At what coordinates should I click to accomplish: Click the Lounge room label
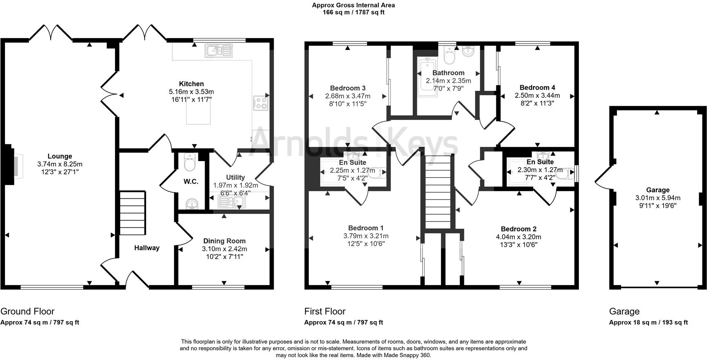(x=60, y=156)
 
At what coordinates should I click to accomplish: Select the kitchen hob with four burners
(x=261, y=103)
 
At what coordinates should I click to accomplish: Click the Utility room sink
(x=231, y=201)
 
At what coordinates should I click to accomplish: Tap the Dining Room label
(x=224, y=241)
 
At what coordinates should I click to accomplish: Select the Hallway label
(x=147, y=248)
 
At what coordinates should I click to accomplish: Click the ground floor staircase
(x=132, y=213)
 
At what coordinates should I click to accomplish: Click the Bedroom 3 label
(x=348, y=88)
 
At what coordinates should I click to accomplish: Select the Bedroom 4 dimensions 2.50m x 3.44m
(x=537, y=95)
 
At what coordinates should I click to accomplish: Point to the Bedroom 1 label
(x=366, y=228)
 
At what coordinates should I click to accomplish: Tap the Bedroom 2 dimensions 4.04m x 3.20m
(x=518, y=237)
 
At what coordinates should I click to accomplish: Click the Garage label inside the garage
(x=657, y=190)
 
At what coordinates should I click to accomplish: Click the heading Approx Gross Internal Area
(x=353, y=5)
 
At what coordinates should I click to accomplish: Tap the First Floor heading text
(x=325, y=311)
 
